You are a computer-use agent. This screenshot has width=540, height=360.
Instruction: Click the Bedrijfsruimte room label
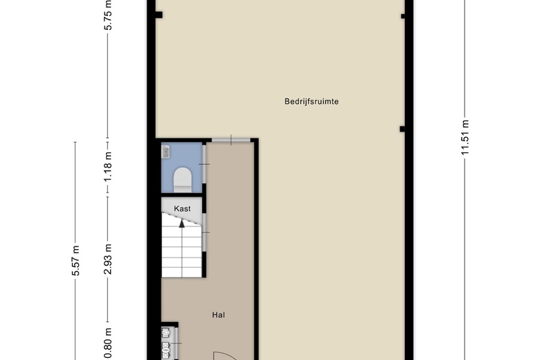tap(312, 101)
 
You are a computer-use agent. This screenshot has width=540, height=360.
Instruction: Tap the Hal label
tap(218, 315)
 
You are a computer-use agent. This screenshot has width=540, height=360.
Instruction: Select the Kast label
tap(182, 209)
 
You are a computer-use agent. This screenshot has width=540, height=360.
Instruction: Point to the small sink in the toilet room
tap(165, 151)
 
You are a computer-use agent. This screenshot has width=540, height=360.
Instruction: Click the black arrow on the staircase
tap(182, 223)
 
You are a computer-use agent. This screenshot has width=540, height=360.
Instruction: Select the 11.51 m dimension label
tap(465, 137)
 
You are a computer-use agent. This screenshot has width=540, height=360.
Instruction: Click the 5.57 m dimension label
tap(75, 260)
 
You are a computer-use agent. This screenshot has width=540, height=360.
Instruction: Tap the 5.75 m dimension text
tap(108, 15)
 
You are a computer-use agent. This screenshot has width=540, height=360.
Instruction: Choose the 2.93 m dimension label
tap(108, 259)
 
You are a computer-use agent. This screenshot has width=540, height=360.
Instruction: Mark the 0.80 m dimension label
tap(108, 343)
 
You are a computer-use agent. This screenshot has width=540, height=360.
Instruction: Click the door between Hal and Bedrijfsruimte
tap(231, 140)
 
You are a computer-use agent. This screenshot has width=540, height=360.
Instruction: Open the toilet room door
tap(204, 164)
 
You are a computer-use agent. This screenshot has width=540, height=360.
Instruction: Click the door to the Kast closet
tap(204, 232)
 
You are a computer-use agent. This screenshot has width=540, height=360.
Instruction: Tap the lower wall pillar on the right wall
tap(402, 129)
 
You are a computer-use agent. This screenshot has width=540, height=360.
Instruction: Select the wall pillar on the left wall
tap(159, 15)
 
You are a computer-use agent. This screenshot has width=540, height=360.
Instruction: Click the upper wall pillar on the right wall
tap(403, 16)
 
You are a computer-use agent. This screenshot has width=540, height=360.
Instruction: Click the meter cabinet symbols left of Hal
tap(166, 343)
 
